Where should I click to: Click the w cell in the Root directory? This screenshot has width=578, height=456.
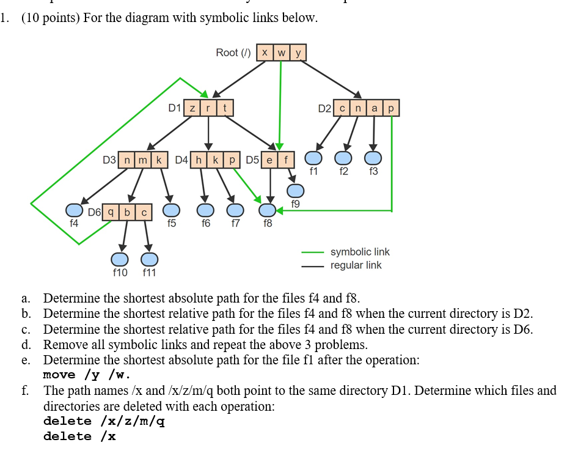tap(281, 53)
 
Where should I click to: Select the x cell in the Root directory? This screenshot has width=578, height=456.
tap(265, 53)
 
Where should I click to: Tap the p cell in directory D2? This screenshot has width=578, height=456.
tap(390, 108)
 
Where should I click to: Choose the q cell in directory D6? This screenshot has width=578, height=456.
tap(111, 212)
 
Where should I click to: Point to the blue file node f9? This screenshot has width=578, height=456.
tap(296, 191)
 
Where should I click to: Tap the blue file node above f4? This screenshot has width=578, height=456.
tap(74, 210)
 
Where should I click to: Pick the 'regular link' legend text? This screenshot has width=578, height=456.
tap(356, 265)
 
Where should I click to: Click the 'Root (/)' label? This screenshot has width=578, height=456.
tap(233, 53)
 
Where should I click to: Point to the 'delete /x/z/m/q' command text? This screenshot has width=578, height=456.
tap(104, 421)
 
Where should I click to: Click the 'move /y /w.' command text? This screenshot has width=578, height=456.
tap(87, 375)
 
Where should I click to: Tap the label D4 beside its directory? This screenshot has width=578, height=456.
tap(181, 161)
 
